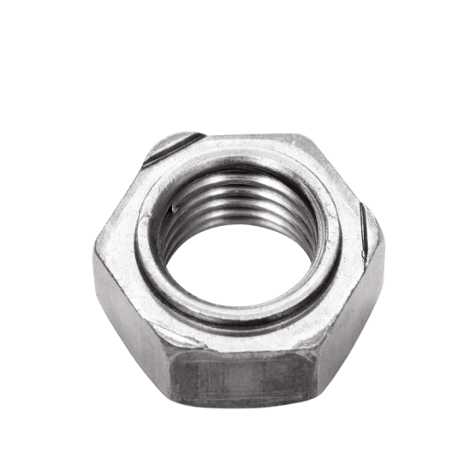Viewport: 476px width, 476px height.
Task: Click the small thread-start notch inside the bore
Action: [x=176, y=205]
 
